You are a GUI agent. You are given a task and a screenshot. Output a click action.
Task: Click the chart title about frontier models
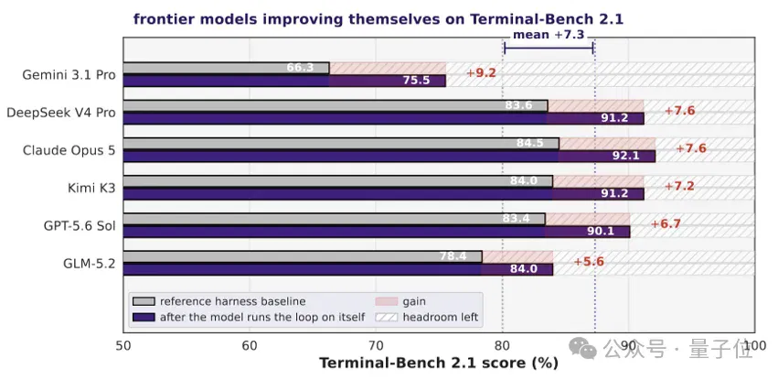[x=378, y=19]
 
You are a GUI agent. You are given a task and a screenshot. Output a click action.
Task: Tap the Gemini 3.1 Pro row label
[x=69, y=75]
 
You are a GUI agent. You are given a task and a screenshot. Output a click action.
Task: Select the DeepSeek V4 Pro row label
[x=61, y=113]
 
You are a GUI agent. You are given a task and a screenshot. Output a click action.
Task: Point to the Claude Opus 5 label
[x=69, y=150]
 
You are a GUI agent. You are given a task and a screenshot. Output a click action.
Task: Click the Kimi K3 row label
[x=91, y=189]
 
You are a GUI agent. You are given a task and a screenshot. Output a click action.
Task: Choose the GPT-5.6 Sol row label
[x=80, y=226]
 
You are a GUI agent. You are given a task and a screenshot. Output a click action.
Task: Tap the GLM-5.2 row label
[x=90, y=264]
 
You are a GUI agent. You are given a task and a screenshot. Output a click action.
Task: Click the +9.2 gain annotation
[x=481, y=73]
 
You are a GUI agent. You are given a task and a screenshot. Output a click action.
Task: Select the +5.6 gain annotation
[x=589, y=262]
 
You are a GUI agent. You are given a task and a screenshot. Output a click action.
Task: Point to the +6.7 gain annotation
[x=666, y=224]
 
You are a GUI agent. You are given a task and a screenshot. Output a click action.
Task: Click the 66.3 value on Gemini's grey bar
[x=300, y=68]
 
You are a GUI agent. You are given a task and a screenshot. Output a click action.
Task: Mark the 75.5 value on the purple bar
[x=416, y=81]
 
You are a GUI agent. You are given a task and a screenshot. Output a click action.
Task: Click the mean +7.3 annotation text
[x=549, y=35]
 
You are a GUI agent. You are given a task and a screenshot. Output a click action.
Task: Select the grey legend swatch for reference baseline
[x=144, y=301]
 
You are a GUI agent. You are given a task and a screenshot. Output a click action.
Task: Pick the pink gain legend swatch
[x=387, y=301]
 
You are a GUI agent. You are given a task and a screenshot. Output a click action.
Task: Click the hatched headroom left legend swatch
[x=387, y=318]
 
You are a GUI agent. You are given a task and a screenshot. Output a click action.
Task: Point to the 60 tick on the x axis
[x=249, y=345]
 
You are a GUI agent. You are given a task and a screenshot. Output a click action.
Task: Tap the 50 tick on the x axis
[x=123, y=345]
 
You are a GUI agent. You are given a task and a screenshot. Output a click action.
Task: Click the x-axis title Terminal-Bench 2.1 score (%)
[x=439, y=364]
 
